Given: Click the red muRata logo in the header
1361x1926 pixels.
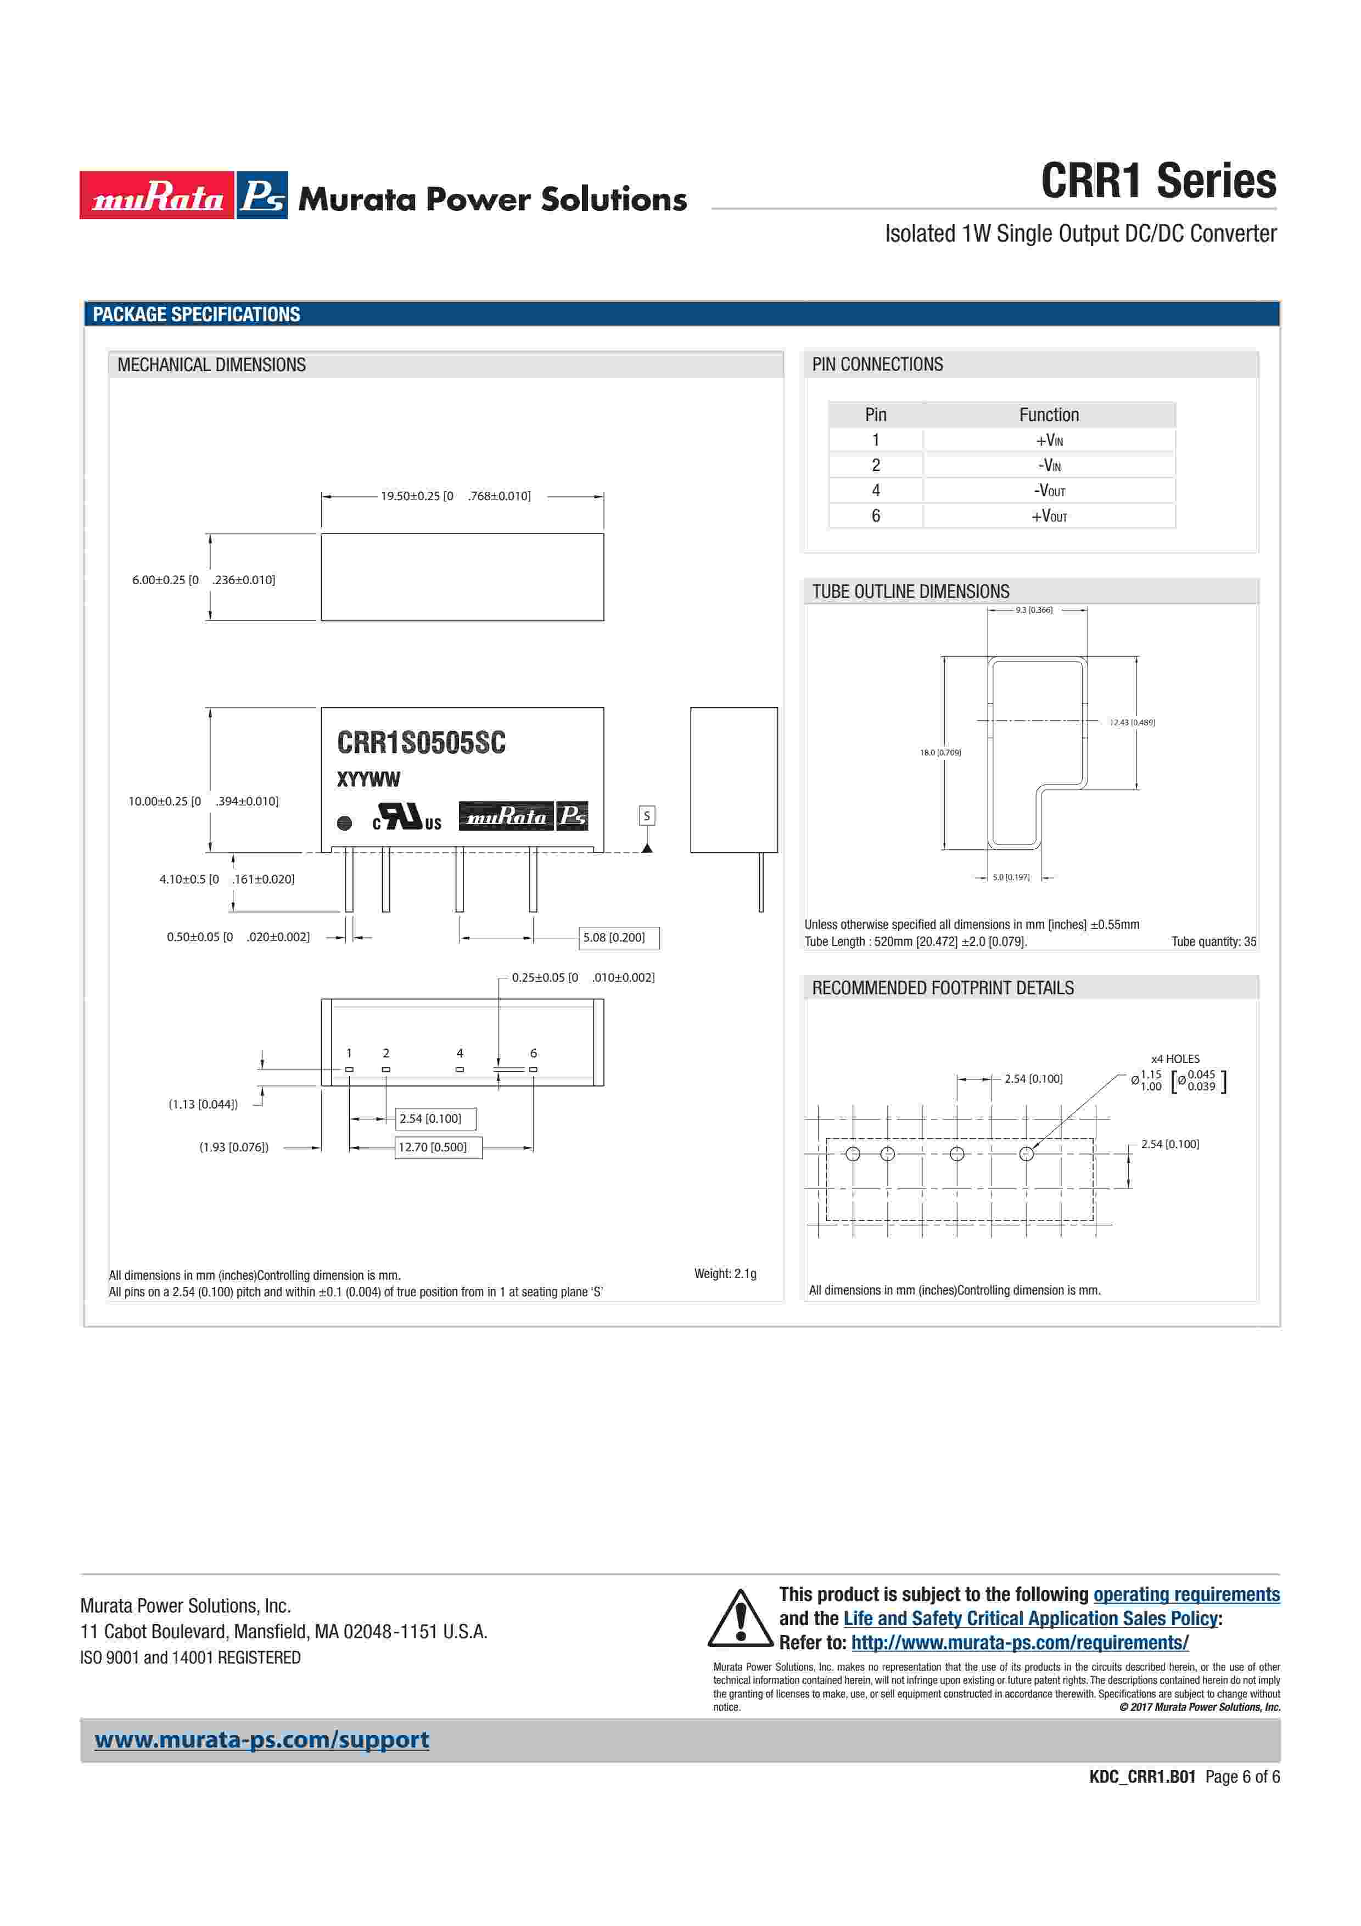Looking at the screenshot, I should (x=157, y=195).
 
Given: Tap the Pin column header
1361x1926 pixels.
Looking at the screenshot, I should (x=876, y=415).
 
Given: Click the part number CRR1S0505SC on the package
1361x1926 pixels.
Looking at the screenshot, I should (x=421, y=742).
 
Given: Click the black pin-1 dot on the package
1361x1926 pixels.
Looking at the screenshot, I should (x=344, y=823).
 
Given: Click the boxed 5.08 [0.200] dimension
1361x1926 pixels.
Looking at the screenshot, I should (x=619, y=937).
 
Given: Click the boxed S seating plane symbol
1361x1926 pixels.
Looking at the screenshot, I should (x=647, y=815).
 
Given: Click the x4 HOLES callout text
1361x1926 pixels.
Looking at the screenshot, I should (x=1175, y=1059).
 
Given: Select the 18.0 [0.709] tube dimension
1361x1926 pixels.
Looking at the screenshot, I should (x=940, y=753).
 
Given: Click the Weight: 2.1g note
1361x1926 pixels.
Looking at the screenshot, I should (x=725, y=1273).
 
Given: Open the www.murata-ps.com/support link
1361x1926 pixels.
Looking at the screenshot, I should (x=262, y=1740).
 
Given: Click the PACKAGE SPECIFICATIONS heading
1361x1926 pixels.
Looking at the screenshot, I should (x=196, y=315).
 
